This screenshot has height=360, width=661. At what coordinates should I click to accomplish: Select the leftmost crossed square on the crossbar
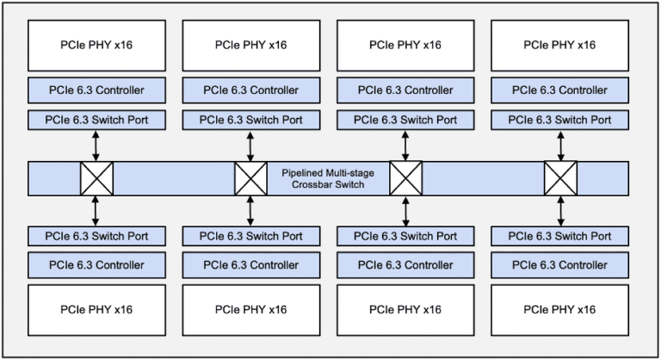point(96,179)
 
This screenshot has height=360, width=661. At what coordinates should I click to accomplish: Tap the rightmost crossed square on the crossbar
point(560,179)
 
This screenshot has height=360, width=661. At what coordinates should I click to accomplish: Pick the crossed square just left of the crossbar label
point(250,179)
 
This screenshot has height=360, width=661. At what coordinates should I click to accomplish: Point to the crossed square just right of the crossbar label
point(405,179)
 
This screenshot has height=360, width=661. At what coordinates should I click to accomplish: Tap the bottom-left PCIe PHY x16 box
point(96,309)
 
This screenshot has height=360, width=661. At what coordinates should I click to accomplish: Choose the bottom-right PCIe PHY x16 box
point(559,309)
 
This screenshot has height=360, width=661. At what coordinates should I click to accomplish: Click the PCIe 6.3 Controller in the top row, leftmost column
point(96,90)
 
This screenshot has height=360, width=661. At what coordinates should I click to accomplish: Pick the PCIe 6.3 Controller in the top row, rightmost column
point(559,90)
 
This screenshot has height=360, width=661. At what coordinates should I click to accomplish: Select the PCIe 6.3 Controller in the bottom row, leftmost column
point(96,265)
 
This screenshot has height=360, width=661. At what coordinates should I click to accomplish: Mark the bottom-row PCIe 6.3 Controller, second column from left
point(250,265)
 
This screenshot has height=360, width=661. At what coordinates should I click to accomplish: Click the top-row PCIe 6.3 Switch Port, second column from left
point(250,120)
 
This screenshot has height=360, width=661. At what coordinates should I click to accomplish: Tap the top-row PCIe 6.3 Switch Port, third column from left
point(405,120)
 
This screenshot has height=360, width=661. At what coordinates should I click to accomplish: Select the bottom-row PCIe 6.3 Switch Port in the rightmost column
point(559,236)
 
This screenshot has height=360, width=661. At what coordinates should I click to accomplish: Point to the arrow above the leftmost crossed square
point(96,146)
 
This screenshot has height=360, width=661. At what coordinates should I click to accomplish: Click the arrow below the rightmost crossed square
point(560,210)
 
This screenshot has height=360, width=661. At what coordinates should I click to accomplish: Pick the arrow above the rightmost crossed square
point(560,146)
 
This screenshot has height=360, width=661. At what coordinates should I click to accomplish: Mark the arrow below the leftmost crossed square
point(96,210)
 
